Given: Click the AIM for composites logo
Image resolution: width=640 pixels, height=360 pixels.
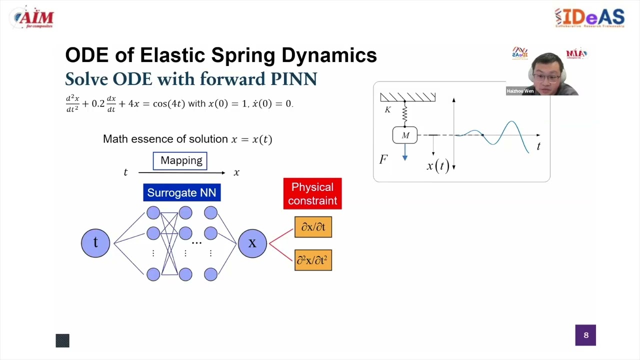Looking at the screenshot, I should click(x=34, y=18).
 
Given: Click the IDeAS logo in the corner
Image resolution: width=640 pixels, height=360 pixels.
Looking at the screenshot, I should click(x=589, y=17).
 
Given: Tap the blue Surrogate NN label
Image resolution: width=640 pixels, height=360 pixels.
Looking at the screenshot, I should click(x=181, y=193).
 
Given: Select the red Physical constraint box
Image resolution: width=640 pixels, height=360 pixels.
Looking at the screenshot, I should click(x=312, y=193).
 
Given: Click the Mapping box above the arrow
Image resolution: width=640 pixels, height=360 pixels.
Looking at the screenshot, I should click(x=180, y=160).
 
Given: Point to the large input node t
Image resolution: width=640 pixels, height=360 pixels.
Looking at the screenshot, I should click(x=95, y=243).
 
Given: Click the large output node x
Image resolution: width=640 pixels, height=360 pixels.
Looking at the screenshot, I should click(x=252, y=243).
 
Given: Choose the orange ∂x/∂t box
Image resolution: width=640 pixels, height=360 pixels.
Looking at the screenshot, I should click(x=313, y=227).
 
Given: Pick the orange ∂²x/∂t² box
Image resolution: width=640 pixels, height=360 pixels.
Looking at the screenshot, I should click(x=313, y=260).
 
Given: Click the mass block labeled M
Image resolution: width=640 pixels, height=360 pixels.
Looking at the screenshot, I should click(x=405, y=135).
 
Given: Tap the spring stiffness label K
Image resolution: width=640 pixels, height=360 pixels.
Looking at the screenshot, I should click(x=387, y=109).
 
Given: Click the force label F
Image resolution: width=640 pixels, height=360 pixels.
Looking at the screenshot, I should click(x=383, y=159).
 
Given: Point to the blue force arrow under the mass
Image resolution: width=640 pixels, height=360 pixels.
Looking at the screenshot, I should click(x=405, y=152).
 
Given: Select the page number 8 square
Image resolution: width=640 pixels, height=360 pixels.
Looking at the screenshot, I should click(x=585, y=335).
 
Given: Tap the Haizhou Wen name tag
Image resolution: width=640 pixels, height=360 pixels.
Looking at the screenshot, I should click(x=520, y=91).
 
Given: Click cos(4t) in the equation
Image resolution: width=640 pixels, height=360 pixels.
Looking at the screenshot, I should click(x=169, y=104).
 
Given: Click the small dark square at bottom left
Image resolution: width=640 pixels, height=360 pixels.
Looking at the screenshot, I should click(x=62, y=340).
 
